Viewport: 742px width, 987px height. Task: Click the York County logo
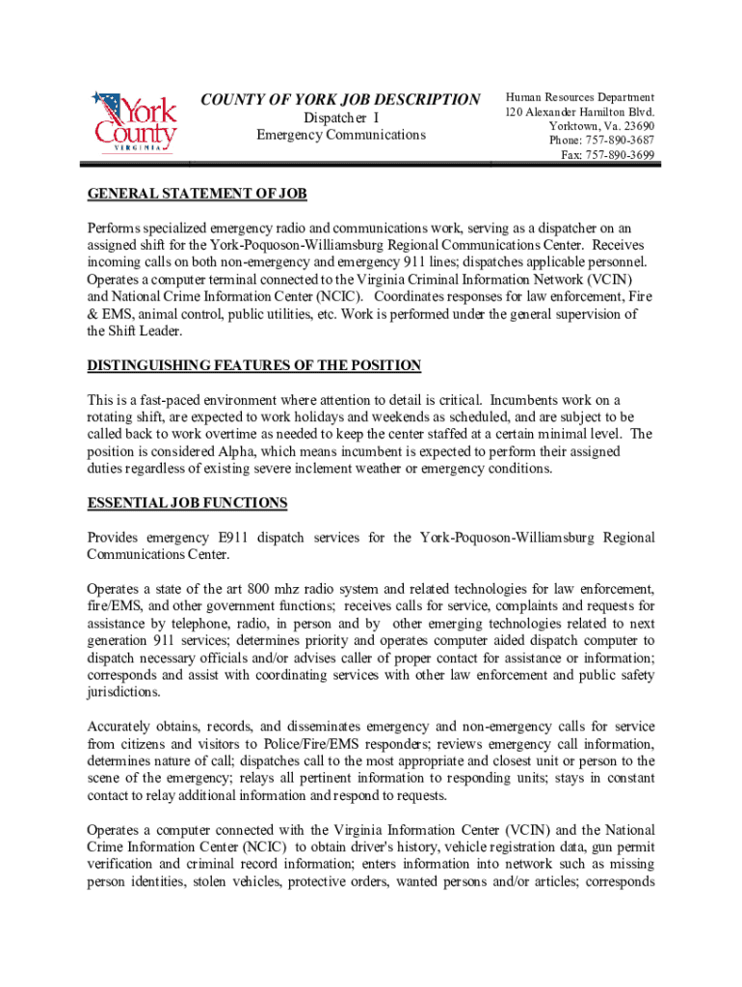134,120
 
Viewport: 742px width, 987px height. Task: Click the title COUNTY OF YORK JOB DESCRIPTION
339,100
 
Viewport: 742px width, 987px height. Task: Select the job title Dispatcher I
340,118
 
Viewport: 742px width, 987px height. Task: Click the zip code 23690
638,126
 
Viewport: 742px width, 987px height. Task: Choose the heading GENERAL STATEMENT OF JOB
197,194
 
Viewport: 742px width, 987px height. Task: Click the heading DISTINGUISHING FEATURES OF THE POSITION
254,365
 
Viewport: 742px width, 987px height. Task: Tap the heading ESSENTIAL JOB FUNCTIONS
187,503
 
